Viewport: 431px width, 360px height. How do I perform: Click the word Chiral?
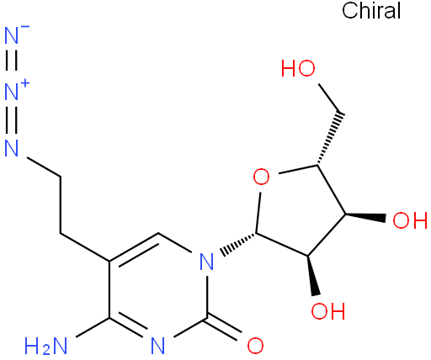(371, 10)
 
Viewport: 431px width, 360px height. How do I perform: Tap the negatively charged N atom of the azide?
(12, 35)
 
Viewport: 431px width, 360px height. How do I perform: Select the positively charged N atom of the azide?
(12, 92)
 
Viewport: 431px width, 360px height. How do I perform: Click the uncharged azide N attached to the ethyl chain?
(12, 148)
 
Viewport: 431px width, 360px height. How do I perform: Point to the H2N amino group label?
(45, 346)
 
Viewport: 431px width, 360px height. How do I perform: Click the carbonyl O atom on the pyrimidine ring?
(255, 346)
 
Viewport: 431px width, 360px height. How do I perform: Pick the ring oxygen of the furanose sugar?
(261, 177)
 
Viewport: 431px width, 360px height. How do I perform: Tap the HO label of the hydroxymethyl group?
(298, 68)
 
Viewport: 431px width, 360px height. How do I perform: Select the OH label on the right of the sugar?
(410, 220)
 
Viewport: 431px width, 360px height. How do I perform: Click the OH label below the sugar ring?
(328, 311)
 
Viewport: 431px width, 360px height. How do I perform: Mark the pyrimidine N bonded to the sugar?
(207, 261)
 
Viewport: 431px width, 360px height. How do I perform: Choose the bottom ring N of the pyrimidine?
(158, 346)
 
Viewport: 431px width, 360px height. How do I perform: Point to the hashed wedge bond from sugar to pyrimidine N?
(238, 243)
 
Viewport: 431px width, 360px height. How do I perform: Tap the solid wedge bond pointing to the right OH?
(365, 216)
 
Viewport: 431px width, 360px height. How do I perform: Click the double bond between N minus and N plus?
(12, 61)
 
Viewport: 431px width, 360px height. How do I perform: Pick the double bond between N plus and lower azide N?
(12, 119)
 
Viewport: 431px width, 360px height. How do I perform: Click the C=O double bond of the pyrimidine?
(224, 329)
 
